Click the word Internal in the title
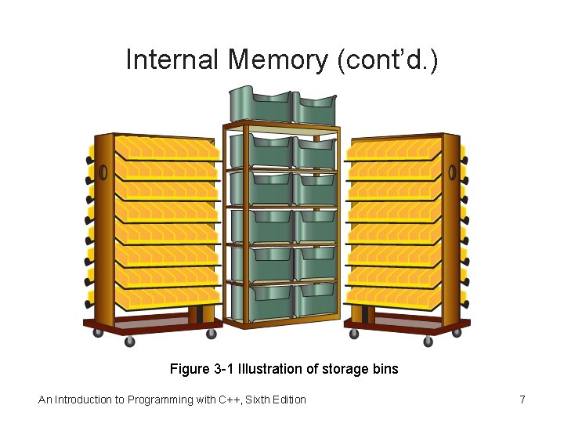(x=173, y=60)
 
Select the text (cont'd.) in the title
(x=387, y=60)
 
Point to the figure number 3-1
(x=223, y=368)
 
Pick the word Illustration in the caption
(x=273, y=368)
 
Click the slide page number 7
(x=522, y=400)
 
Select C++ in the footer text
(x=227, y=400)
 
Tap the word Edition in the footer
(x=289, y=400)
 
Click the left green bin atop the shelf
(x=259, y=106)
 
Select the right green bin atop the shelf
(x=315, y=107)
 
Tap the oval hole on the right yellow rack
(x=452, y=172)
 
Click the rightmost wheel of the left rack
(x=211, y=334)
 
